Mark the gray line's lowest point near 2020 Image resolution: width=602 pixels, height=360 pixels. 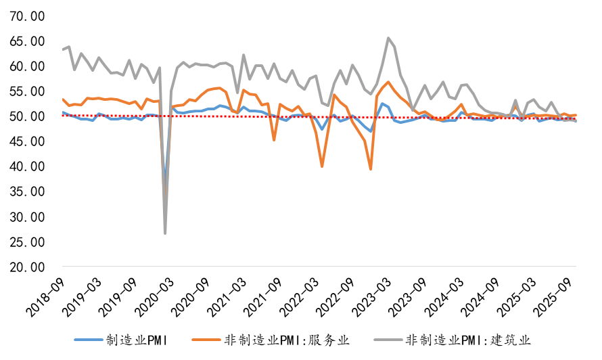165,233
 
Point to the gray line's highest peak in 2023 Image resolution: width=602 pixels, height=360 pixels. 388,38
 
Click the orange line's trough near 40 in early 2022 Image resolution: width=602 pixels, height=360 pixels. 322,166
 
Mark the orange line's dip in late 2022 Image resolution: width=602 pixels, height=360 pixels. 371,169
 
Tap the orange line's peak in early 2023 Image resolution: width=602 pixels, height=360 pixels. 388,82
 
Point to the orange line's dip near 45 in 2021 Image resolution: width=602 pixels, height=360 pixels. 274,140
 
